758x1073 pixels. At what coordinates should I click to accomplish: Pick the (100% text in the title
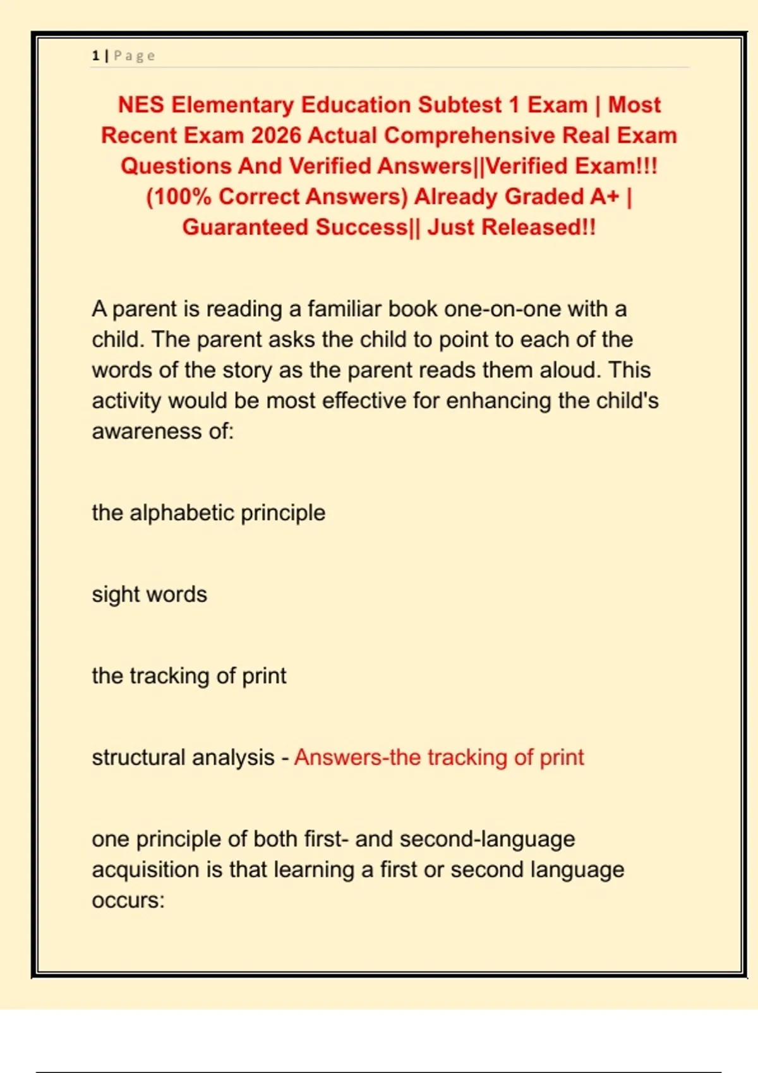179,197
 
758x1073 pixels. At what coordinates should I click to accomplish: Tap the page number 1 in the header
95,56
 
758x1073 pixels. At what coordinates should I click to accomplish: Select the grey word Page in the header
134,56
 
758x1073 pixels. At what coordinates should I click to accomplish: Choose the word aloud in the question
568,371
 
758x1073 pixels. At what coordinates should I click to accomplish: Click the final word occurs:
128,900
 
